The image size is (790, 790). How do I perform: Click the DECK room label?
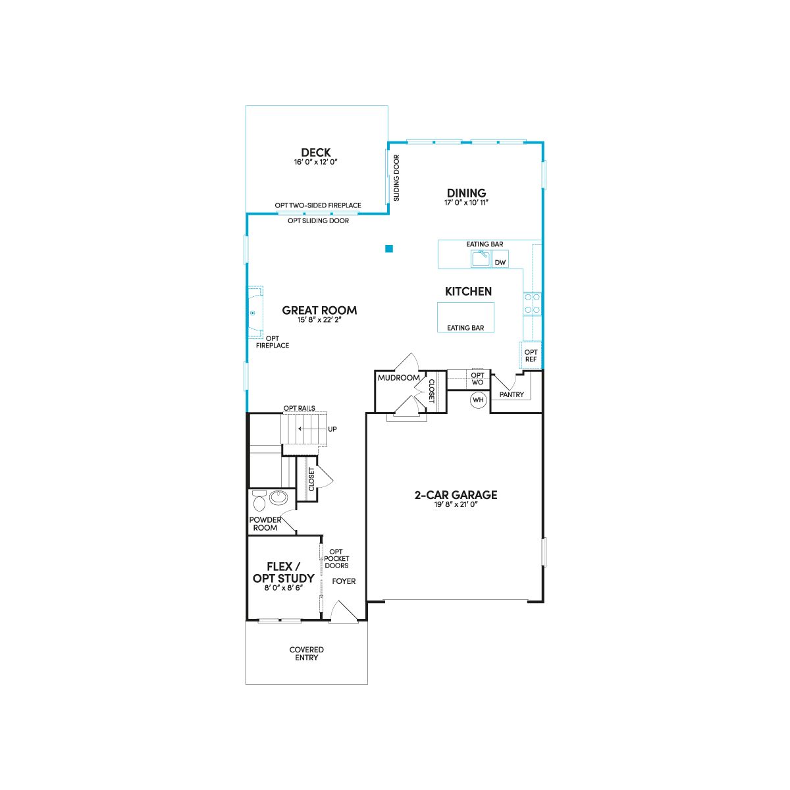tap(316, 153)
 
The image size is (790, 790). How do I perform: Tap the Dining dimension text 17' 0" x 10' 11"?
tap(466, 203)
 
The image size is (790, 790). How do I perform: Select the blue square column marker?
tap(388, 248)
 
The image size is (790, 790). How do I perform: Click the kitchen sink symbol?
tap(481, 259)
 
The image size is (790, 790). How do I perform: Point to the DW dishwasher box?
tap(500, 259)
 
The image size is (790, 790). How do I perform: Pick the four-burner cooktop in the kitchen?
tap(532, 303)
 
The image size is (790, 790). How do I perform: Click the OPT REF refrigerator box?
tap(531, 355)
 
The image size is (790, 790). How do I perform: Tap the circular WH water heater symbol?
tap(478, 400)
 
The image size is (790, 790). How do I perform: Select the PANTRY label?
tap(512, 394)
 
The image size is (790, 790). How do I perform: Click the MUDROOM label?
tap(398, 378)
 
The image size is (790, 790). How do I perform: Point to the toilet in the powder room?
tap(259, 500)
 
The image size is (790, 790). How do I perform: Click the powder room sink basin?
tap(278, 498)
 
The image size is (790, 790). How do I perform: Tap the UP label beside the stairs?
tap(332, 429)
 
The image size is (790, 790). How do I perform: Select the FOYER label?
tap(344, 581)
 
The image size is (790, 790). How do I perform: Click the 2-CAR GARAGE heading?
tap(456, 495)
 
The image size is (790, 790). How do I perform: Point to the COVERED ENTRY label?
tap(306, 654)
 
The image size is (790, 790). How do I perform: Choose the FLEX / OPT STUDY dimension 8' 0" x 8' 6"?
tap(284, 588)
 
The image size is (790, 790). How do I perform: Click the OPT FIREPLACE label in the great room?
tap(272, 342)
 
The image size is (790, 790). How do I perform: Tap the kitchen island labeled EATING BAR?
tap(465, 317)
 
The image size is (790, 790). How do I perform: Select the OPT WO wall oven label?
tap(477, 379)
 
